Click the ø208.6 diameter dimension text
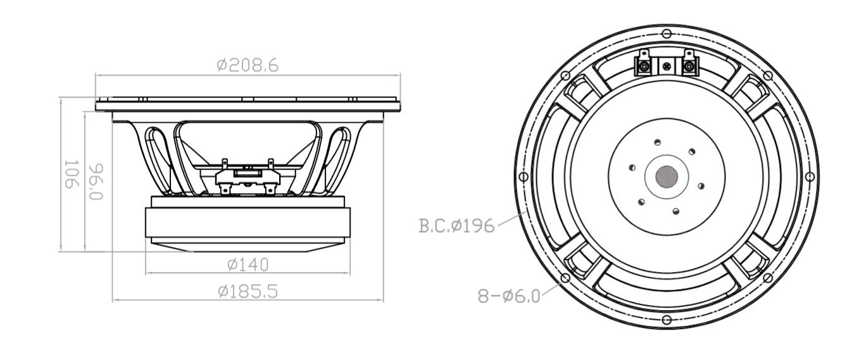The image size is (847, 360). pos(247,65)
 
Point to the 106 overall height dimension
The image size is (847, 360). pos(71,174)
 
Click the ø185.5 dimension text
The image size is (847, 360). pos(248,291)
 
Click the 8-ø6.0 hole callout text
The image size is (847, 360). pos(509,295)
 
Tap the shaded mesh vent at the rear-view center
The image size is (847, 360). pos(666,175)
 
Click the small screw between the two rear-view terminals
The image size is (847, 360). pos(666,65)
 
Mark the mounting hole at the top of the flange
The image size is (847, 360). pos(666,33)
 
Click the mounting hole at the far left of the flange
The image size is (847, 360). pos(523,176)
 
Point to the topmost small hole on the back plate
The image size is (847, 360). pos(658,142)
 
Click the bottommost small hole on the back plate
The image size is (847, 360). pos(675,211)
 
